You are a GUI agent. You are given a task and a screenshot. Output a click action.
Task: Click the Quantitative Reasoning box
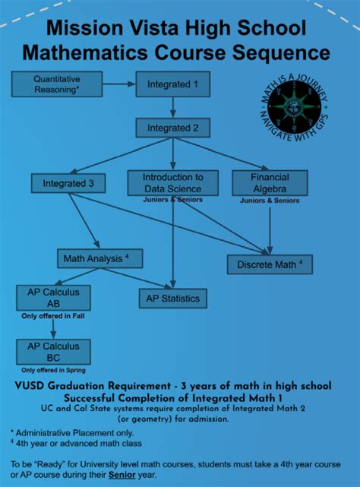(56, 84)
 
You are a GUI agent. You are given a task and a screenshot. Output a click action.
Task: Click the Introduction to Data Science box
(172, 182)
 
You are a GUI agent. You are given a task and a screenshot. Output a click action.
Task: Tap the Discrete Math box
(269, 264)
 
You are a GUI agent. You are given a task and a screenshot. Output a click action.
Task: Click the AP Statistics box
(172, 299)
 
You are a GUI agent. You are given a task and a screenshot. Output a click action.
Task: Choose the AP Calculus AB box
(52, 296)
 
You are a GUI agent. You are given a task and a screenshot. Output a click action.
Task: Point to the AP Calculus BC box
(52, 351)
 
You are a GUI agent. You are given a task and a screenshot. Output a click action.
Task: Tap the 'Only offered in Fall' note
(52, 315)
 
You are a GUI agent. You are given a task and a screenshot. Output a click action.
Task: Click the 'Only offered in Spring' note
(52, 369)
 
